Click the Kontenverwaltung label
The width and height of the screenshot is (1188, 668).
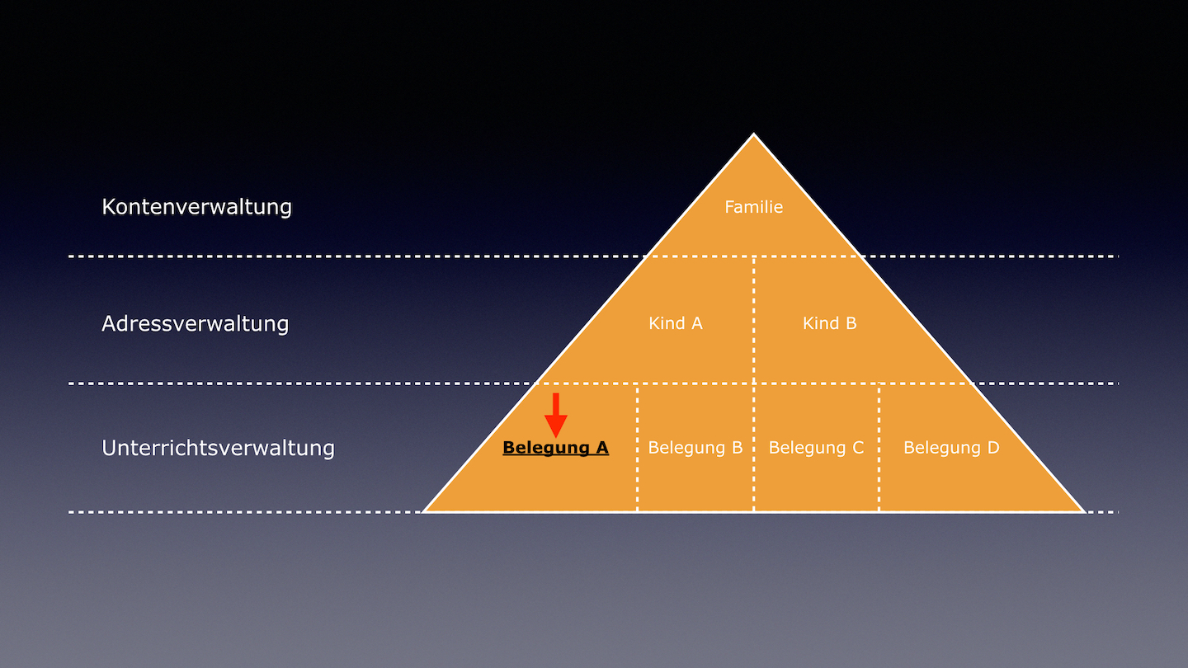pos(196,207)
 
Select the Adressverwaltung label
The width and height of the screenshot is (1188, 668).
pos(196,324)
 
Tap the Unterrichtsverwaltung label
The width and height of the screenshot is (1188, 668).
pos(218,448)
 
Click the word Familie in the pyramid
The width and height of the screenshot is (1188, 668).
pos(754,207)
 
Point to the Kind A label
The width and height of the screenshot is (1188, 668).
pos(676,323)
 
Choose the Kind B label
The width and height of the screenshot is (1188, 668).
pos(829,323)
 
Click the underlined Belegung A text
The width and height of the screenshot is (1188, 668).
pos(556,448)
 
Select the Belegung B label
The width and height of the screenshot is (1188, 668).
pos(695,448)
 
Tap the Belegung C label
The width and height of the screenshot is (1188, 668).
pos(816,448)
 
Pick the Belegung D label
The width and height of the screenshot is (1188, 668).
pos(951,448)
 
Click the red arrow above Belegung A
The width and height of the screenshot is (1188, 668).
pos(556,416)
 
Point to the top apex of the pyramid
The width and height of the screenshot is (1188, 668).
pos(754,134)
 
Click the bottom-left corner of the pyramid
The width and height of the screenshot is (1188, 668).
pos(423,511)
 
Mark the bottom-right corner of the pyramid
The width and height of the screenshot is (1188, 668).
pos(1085,511)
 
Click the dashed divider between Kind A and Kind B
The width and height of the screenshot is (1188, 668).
pos(754,320)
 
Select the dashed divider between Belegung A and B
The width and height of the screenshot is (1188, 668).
pos(637,448)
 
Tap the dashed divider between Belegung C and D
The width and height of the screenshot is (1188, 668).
pos(879,448)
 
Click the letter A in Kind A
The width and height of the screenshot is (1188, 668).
pos(697,323)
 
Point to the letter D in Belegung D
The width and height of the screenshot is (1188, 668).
pos(994,448)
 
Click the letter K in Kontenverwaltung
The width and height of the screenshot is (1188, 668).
pos(108,207)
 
